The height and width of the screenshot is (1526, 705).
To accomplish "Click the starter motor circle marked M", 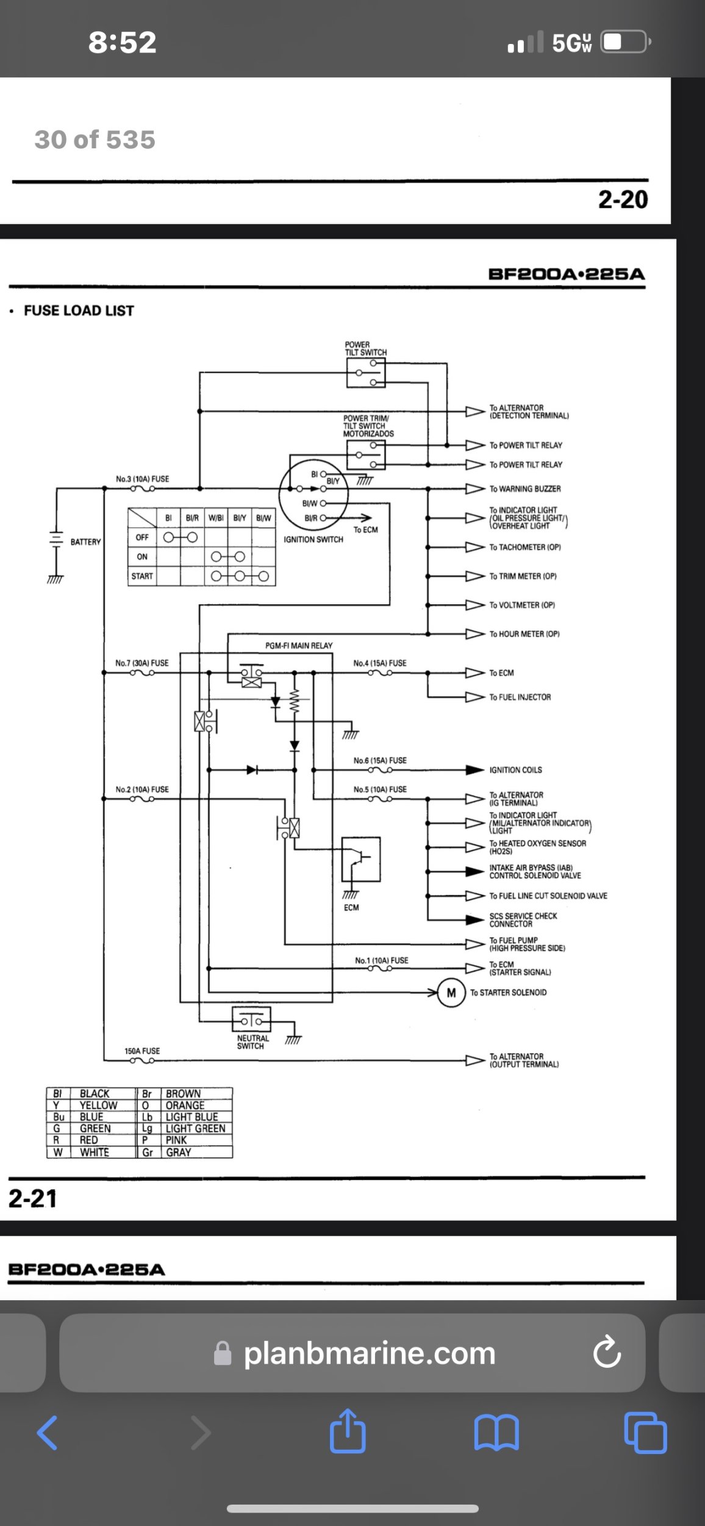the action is [451, 993].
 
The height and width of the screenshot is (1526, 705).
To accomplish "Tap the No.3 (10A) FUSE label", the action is [143, 479].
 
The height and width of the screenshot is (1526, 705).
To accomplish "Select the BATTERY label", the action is [85, 542].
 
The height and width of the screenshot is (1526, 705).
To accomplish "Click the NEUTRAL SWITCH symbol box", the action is [251, 1019].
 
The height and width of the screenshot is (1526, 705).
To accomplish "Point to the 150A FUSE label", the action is [142, 1051].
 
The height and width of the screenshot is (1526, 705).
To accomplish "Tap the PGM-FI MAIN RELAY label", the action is [299, 645].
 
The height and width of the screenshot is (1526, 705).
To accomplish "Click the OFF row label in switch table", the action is [142, 537].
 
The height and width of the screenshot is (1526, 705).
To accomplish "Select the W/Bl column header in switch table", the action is [216, 518].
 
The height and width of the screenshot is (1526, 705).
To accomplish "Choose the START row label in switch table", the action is [142, 576].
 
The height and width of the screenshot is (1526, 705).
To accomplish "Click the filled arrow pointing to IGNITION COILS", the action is [475, 770].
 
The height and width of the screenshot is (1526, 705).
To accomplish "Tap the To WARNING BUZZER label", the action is [525, 489].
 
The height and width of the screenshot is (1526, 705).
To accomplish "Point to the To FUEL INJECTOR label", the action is [520, 697].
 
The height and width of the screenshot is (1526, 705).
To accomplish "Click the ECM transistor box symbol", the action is [361, 859].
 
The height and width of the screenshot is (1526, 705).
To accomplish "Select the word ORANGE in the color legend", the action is [185, 1105].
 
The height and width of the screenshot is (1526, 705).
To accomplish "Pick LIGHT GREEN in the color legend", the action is [195, 1129].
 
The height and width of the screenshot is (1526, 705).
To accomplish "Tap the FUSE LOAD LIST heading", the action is [79, 311].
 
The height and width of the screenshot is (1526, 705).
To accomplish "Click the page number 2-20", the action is [623, 200].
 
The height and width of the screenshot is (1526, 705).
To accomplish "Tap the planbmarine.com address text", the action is [370, 1353].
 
